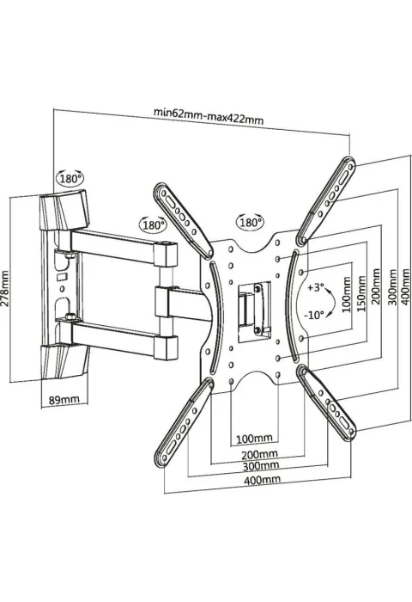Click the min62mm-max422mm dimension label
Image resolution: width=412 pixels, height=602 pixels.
tap(209, 116)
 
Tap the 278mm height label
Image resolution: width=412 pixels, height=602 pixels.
tap(5, 288)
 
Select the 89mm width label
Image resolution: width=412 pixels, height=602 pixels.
tap(64, 399)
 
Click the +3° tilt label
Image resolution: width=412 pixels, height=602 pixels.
tap(317, 287)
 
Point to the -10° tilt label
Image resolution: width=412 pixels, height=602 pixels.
tap(314, 316)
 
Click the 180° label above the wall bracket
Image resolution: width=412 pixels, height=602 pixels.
tap(70, 178)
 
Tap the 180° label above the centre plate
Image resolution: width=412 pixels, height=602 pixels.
tap(251, 222)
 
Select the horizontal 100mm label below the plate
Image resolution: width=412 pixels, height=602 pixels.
tap(254, 438)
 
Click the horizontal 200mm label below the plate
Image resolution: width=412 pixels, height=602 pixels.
tap(259, 454)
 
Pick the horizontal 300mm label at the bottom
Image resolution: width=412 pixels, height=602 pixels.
tap(261, 466)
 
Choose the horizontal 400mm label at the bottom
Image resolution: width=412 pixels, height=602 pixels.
tap(262, 479)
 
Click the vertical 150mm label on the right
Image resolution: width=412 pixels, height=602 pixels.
tap(361, 293)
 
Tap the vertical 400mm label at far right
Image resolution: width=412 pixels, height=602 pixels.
tap(405, 287)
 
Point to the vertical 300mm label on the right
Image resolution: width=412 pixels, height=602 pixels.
tap(392, 287)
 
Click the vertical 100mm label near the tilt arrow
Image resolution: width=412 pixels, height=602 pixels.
tap(347, 295)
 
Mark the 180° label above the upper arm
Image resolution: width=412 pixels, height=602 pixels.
tap(154, 225)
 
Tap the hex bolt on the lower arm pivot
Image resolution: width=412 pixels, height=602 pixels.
tap(70, 316)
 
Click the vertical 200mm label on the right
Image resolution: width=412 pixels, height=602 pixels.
tap(376, 286)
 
